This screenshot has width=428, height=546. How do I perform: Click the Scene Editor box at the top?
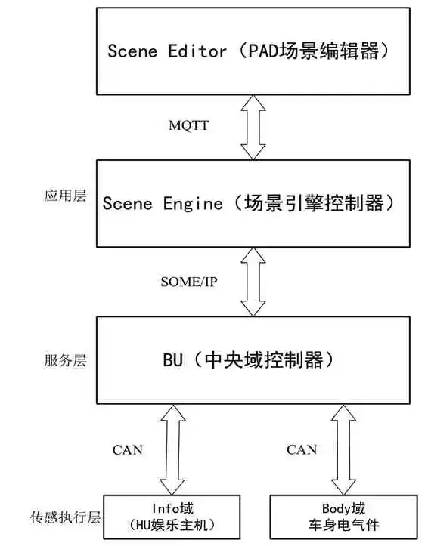click(254, 51)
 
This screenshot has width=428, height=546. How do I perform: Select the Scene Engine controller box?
click(254, 203)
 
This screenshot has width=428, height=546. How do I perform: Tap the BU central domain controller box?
click(254, 359)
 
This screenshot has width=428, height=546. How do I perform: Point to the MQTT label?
click(188, 125)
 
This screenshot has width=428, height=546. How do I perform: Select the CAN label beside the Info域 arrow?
click(128, 450)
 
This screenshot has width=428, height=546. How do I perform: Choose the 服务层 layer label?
click(65, 360)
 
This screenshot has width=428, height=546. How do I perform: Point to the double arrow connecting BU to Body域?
click(344, 449)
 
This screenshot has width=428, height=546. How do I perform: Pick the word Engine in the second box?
click(194, 203)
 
